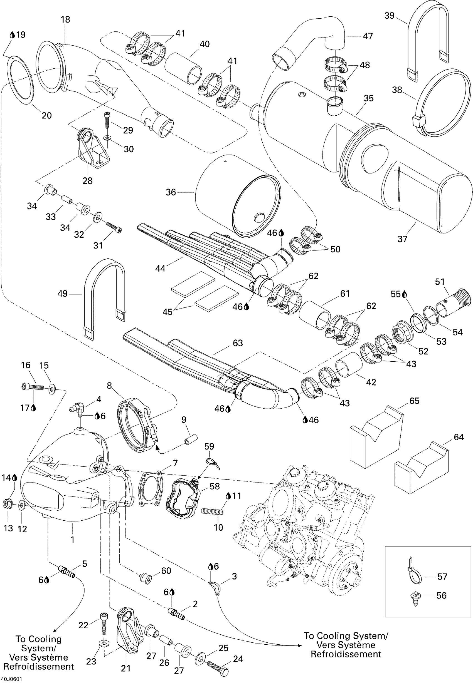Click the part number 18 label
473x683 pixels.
pos(65,19)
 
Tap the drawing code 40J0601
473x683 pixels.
pos(11,679)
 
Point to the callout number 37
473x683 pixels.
pos(402,239)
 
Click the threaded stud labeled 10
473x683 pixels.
pos(212,511)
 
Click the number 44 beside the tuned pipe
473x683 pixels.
pos(160,269)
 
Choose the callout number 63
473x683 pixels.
pos(238,343)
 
